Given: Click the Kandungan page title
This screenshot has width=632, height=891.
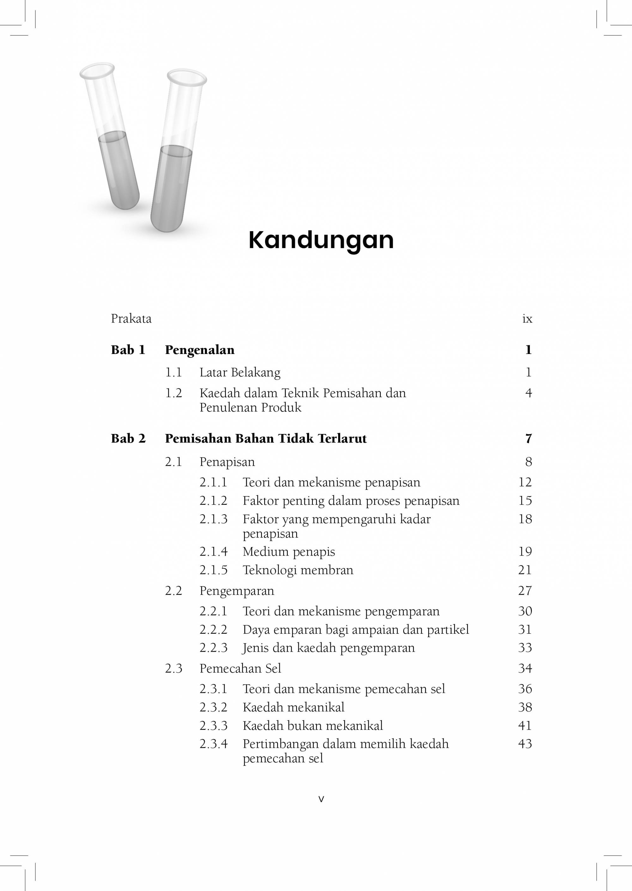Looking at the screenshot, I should point(321,240).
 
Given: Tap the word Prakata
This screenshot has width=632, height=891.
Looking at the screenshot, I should point(131,319).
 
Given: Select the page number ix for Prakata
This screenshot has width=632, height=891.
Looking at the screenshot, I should point(527,319).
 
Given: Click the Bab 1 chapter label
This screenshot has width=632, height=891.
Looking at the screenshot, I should point(128,350).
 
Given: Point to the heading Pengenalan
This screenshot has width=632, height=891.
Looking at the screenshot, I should point(200,350).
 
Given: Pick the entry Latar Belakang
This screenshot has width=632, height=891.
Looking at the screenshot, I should point(240,373).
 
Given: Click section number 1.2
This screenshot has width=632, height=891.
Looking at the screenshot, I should point(173,393).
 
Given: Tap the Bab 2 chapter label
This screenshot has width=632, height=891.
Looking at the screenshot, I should point(128,438).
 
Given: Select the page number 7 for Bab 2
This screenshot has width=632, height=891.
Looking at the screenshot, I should point(528,439).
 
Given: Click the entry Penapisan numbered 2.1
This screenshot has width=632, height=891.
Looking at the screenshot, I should point(227,462).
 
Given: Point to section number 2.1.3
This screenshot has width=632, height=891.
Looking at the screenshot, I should point(213,519).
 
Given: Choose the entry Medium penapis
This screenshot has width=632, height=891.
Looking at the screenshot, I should point(289,552).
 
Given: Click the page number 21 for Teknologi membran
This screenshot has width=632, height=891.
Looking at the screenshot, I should point(525,570).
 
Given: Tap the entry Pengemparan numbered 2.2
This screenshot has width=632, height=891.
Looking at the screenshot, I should point(237,591).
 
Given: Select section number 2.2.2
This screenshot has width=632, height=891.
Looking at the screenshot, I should point(213,629).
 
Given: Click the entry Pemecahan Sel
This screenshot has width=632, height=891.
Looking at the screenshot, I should point(240,668).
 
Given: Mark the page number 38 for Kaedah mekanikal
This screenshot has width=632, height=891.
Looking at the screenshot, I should point(525,707).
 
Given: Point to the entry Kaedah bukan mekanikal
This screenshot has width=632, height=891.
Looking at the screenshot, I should point(313,726).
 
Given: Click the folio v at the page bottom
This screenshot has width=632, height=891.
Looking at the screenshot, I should point(321,799).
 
